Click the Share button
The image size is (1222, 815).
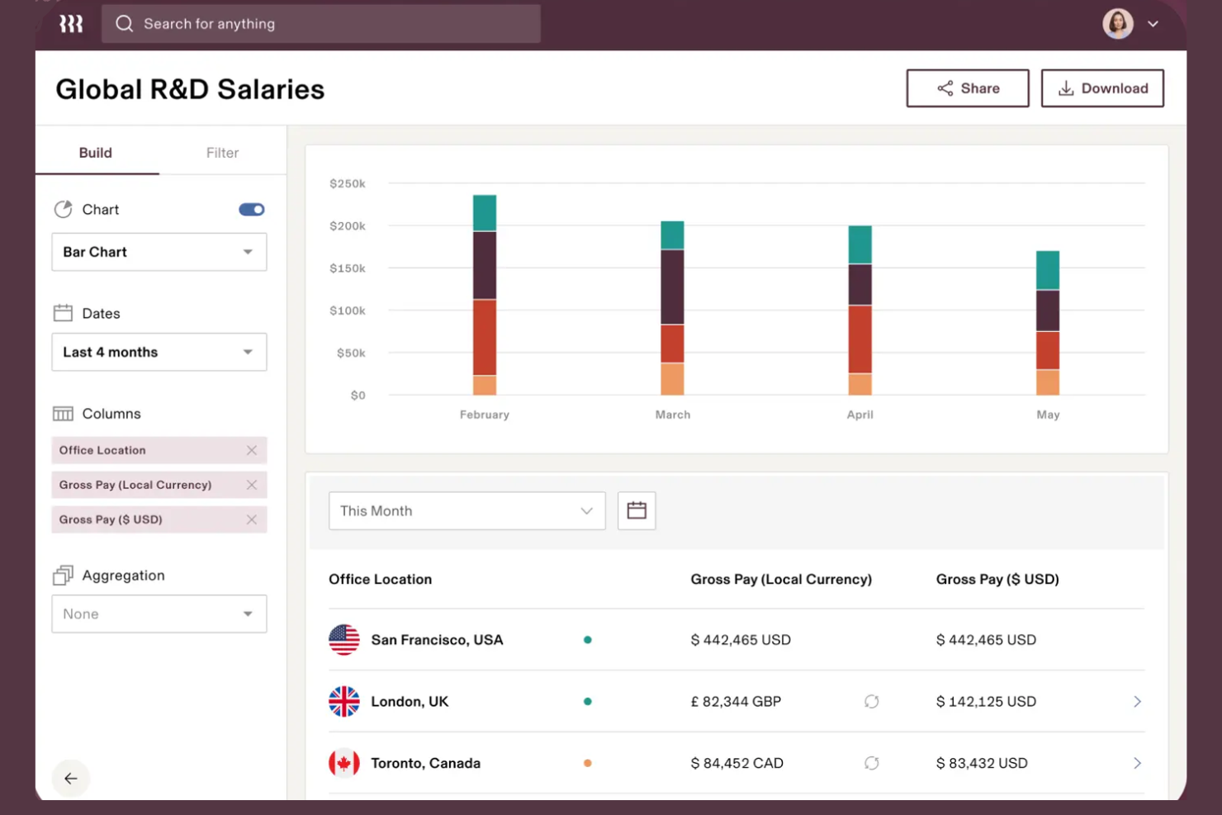(967, 88)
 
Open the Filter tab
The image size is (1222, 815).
(222, 153)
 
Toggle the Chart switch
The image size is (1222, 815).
(252, 210)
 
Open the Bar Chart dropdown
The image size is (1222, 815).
(159, 252)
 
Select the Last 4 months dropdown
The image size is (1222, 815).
(159, 352)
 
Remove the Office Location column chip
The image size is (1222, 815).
(252, 450)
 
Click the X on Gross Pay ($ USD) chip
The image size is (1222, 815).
(252, 519)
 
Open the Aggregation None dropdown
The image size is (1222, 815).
(159, 614)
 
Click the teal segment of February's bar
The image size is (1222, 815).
(485, 213)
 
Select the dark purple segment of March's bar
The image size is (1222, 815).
(672, 287)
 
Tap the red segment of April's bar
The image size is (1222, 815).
(860, 339)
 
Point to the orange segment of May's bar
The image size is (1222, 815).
(1048, 382)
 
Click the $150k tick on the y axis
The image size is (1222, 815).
(347, 268)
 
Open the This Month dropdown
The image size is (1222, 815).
(467, 511)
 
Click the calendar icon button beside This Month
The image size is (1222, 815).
(637, 511)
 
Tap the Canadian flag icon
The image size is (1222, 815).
(344, 763)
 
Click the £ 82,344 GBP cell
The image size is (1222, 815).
(736, 702)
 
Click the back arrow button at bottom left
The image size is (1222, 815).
(71, 778)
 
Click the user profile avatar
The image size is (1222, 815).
(1117, 24)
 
